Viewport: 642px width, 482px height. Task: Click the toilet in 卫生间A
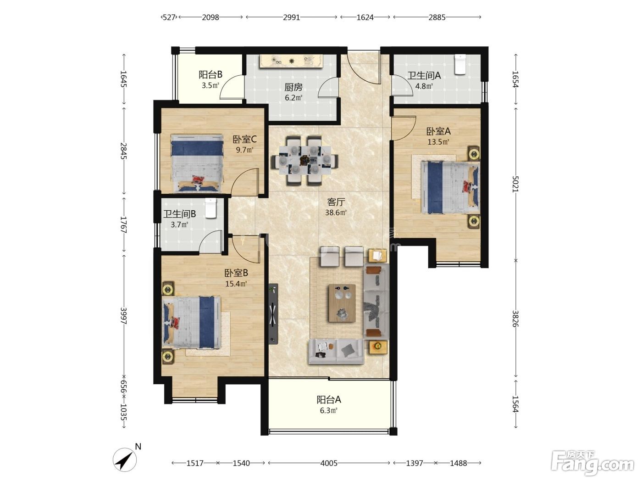click(x=459, y=64)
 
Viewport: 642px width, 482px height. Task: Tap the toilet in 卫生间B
click(x=210, y=208)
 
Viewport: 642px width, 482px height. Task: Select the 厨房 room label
click(x=293, y=87)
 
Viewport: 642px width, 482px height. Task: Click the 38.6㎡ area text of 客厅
click(x=336, y=213)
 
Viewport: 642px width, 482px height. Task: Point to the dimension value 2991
click(x=291, y=17)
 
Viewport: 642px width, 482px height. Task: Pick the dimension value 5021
click(x=515, y=184)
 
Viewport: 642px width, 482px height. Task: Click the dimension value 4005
click(x=329, y=463)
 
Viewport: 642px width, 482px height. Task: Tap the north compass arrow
click(x=125, y=460)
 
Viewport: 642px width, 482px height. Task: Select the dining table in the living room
click(x=305, y=160)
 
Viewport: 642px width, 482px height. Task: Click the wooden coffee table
click(x=342, y=303)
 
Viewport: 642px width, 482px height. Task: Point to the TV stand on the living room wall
click(x=273, y=314)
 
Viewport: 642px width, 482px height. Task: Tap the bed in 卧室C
click(x=197, y=163)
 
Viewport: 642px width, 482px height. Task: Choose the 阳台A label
click(x=329, y=400)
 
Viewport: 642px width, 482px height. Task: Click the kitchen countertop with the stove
click(x=291, y=61)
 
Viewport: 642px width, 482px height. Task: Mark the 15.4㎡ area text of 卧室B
click(x=236, y=284)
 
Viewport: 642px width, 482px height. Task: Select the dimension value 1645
click(x=123, y=79)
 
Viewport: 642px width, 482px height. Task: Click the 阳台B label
click(x=210, y=75)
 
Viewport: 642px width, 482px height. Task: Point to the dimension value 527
click(x=169, y=17)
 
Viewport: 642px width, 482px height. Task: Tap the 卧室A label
click(x=438, y=131)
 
